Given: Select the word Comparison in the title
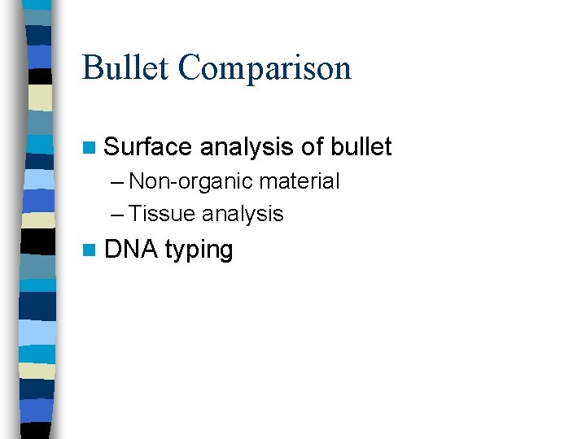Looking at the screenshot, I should point(265,69).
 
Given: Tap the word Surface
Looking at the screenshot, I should point(148,147).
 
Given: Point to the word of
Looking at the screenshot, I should point(313,147).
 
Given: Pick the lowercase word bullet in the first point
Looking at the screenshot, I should point(361,147).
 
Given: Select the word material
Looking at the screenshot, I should point(299,181).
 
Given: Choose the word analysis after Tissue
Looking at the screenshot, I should point(243,214).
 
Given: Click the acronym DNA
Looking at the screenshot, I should point(131,250).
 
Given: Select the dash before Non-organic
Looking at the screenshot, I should point(120,182).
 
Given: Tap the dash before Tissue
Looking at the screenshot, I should point(120,215).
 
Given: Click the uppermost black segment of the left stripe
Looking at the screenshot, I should point(39,76).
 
